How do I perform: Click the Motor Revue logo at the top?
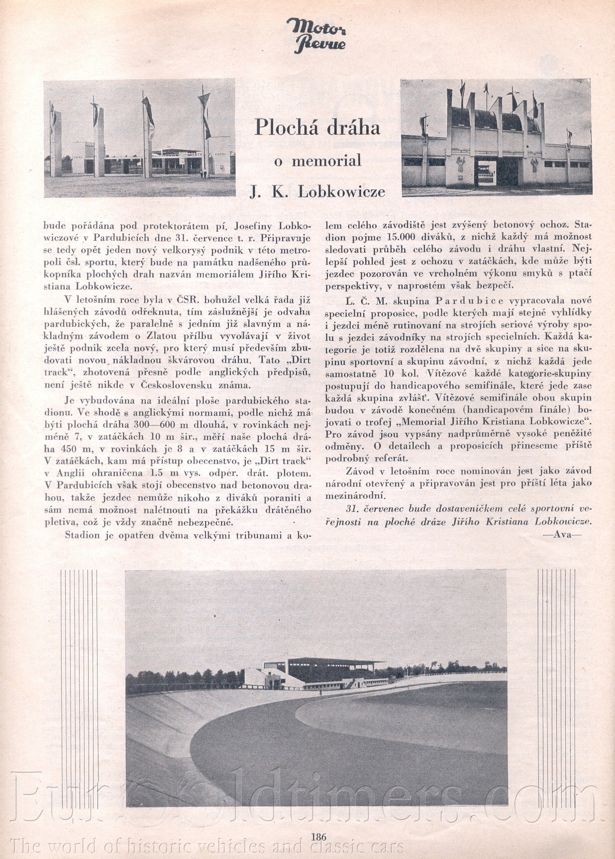tap(316, 35)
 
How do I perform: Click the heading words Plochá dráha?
tap(317, 127)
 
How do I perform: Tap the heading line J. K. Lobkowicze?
tap(317, 192)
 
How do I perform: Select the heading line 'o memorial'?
tap(318, 161)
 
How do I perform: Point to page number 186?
tap(318, 837)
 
